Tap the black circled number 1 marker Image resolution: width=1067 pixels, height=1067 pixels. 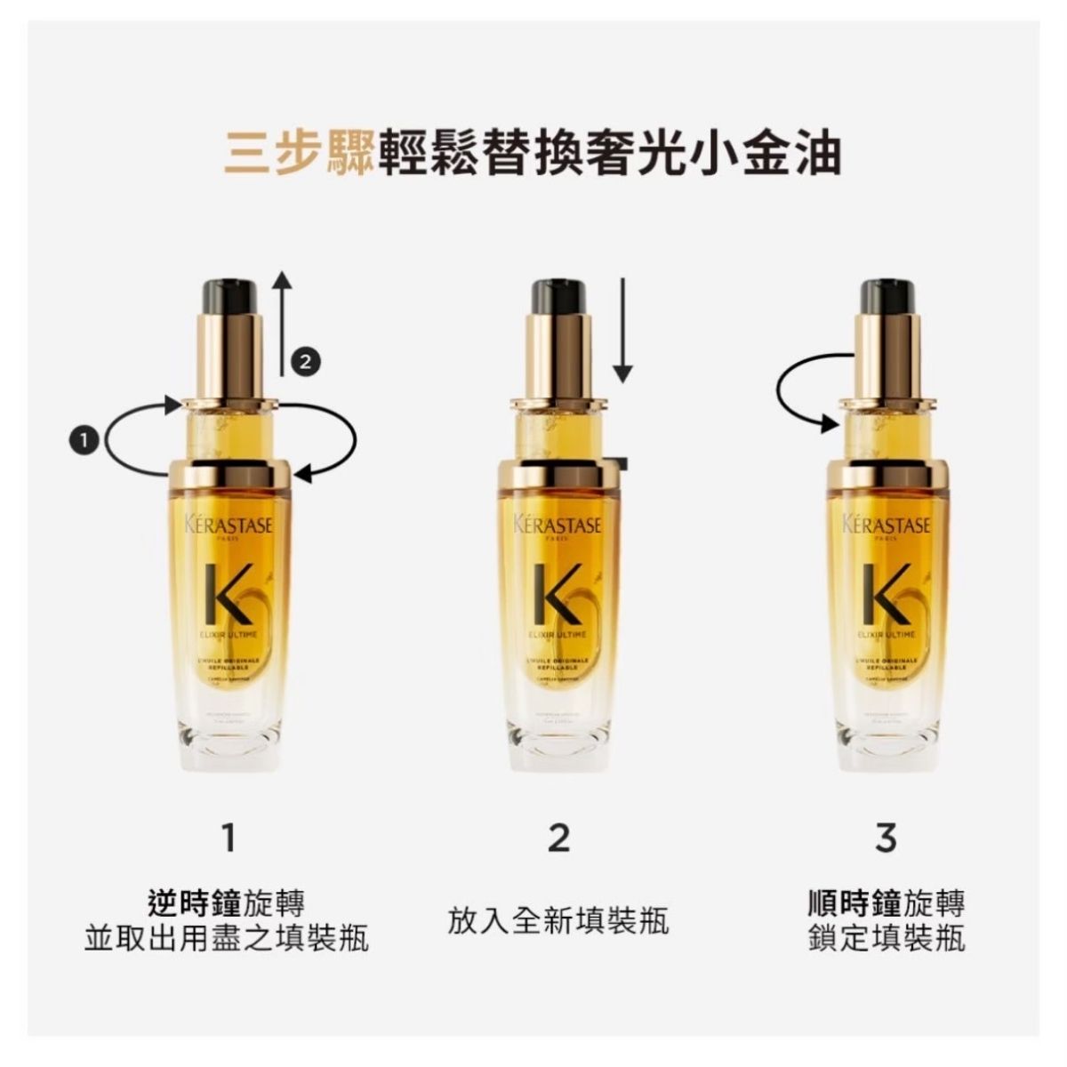point(84,439)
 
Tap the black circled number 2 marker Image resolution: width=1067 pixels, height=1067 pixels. point(305,361)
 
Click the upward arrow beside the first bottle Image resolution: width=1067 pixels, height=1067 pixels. point(282,325)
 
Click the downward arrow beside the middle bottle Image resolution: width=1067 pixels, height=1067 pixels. point(622,329)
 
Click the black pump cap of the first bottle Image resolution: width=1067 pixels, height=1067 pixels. point(229,294)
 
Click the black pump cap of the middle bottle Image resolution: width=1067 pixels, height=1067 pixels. point(558,294)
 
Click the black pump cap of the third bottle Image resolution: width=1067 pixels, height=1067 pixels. point(886,294)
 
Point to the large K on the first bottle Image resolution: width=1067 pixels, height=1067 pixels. point(228,594)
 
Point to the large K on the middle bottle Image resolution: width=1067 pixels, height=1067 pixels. point(557,594)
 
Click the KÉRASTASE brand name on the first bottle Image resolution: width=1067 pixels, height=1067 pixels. point(229,525)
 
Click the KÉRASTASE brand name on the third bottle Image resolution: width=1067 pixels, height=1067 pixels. point(886,525)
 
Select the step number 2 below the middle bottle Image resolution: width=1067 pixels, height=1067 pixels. point(558,837)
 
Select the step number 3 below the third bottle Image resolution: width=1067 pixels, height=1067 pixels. point(886,837)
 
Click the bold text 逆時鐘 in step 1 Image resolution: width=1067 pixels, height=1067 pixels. point(193,903)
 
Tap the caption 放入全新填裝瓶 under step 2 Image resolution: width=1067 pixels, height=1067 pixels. point(558,920)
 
